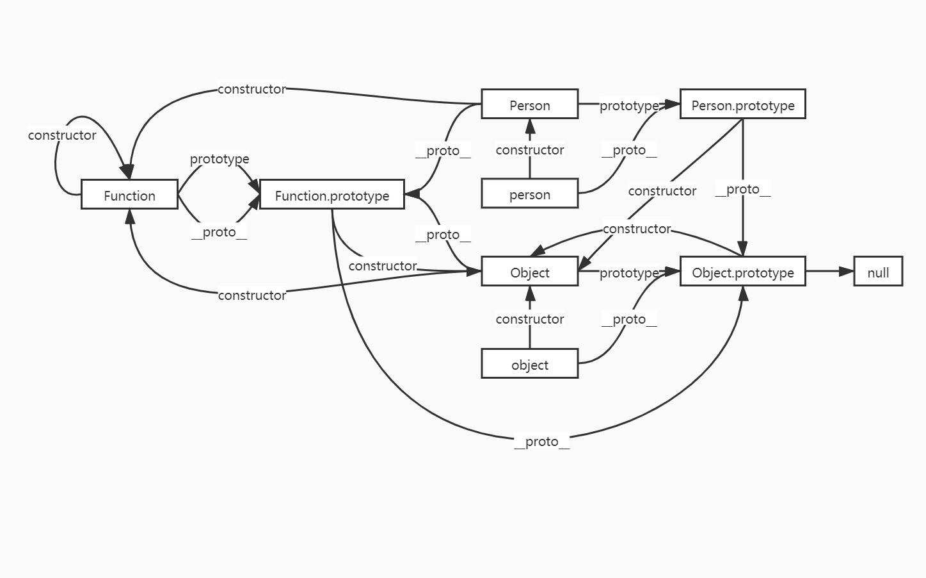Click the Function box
pyautogui.click(x=129, y=195)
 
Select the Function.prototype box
pyautogui.click(x=331, y=195)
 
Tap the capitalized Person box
pyautogui.click(x=529, y=104)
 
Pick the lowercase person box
pyautogui.click(x=529, y=194)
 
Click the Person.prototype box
pyautogui.click(x=742, y=104)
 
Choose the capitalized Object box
pyautogui.click(x=529, y=272)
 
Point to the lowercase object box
pyautogui.click(x=529, y=364)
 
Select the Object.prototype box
pyautogui.click(x=742, y=272)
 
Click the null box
pyautogui.click(x=877, y=272)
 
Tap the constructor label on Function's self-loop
pyautogui.click(x=62, y=135)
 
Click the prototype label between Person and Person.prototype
pyautogui.click(x=628, y=106)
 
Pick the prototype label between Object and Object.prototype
pyautogui.click(x=628, y=273)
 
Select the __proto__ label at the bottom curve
pyautogui.click(x=541, y=442)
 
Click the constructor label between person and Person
pyautogui.click(x=529, y=150)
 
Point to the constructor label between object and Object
pyautogui.click(x=529, y=319)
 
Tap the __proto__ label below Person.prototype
pyautogui.click(x=742, y=190)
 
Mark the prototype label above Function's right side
pyautogui.click(x=220, y=159)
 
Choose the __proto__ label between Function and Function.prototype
pyautogui.click(x=220, y=232)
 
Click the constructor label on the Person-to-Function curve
pyautogui.click(x=251, y=89)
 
